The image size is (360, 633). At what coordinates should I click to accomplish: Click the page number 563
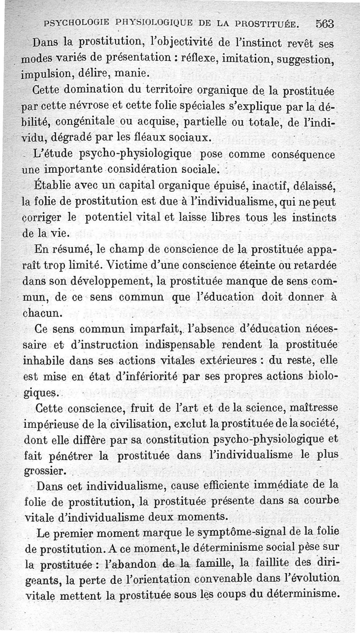[328, 23]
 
